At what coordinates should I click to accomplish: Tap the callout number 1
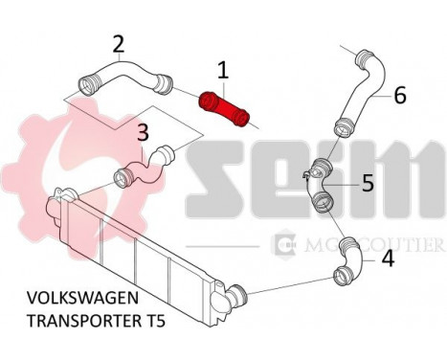click(x=222, y=70)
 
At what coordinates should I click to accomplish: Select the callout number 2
click(x=119, y=44)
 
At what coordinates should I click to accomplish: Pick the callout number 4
click(x=388, y=258)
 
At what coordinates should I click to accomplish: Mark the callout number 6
click(x=400, y=95)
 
